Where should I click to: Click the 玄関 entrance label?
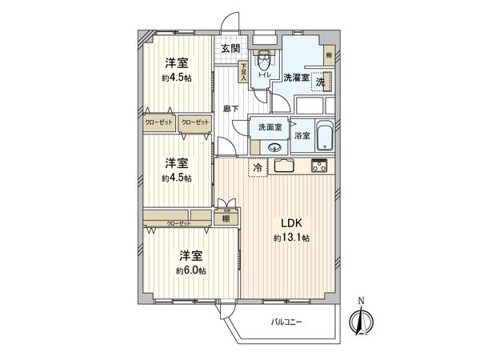pos(230,49)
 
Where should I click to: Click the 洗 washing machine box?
pos(319,82)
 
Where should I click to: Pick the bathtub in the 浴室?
pos(323,137)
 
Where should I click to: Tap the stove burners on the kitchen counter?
pos(319,166)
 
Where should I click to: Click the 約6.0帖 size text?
pos(190,270)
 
